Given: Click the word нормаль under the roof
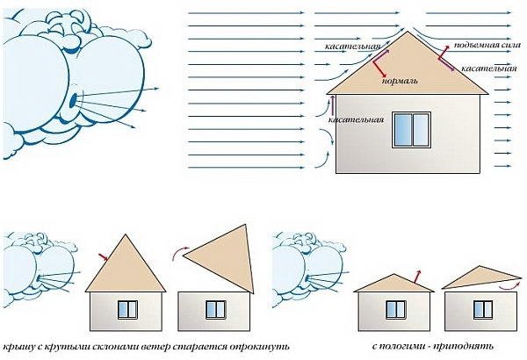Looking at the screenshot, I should coord(400,81).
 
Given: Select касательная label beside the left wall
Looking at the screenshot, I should coord(356,119).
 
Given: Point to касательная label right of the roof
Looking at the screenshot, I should coord(483,68).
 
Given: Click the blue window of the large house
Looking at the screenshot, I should coord(408,127).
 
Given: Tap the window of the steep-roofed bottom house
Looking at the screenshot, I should coord(128,308).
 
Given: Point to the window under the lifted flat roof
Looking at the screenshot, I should coord(480,308).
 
